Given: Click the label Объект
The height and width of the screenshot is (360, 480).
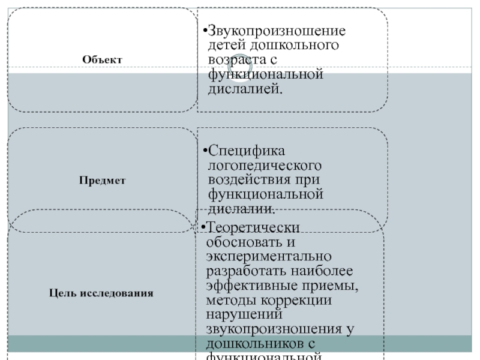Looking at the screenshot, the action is click(x=102, y=60).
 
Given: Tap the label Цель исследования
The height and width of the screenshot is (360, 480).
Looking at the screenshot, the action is click(x=101, y=293).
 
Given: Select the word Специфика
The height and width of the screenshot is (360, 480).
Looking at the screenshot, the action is click(x=245, y=150).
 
